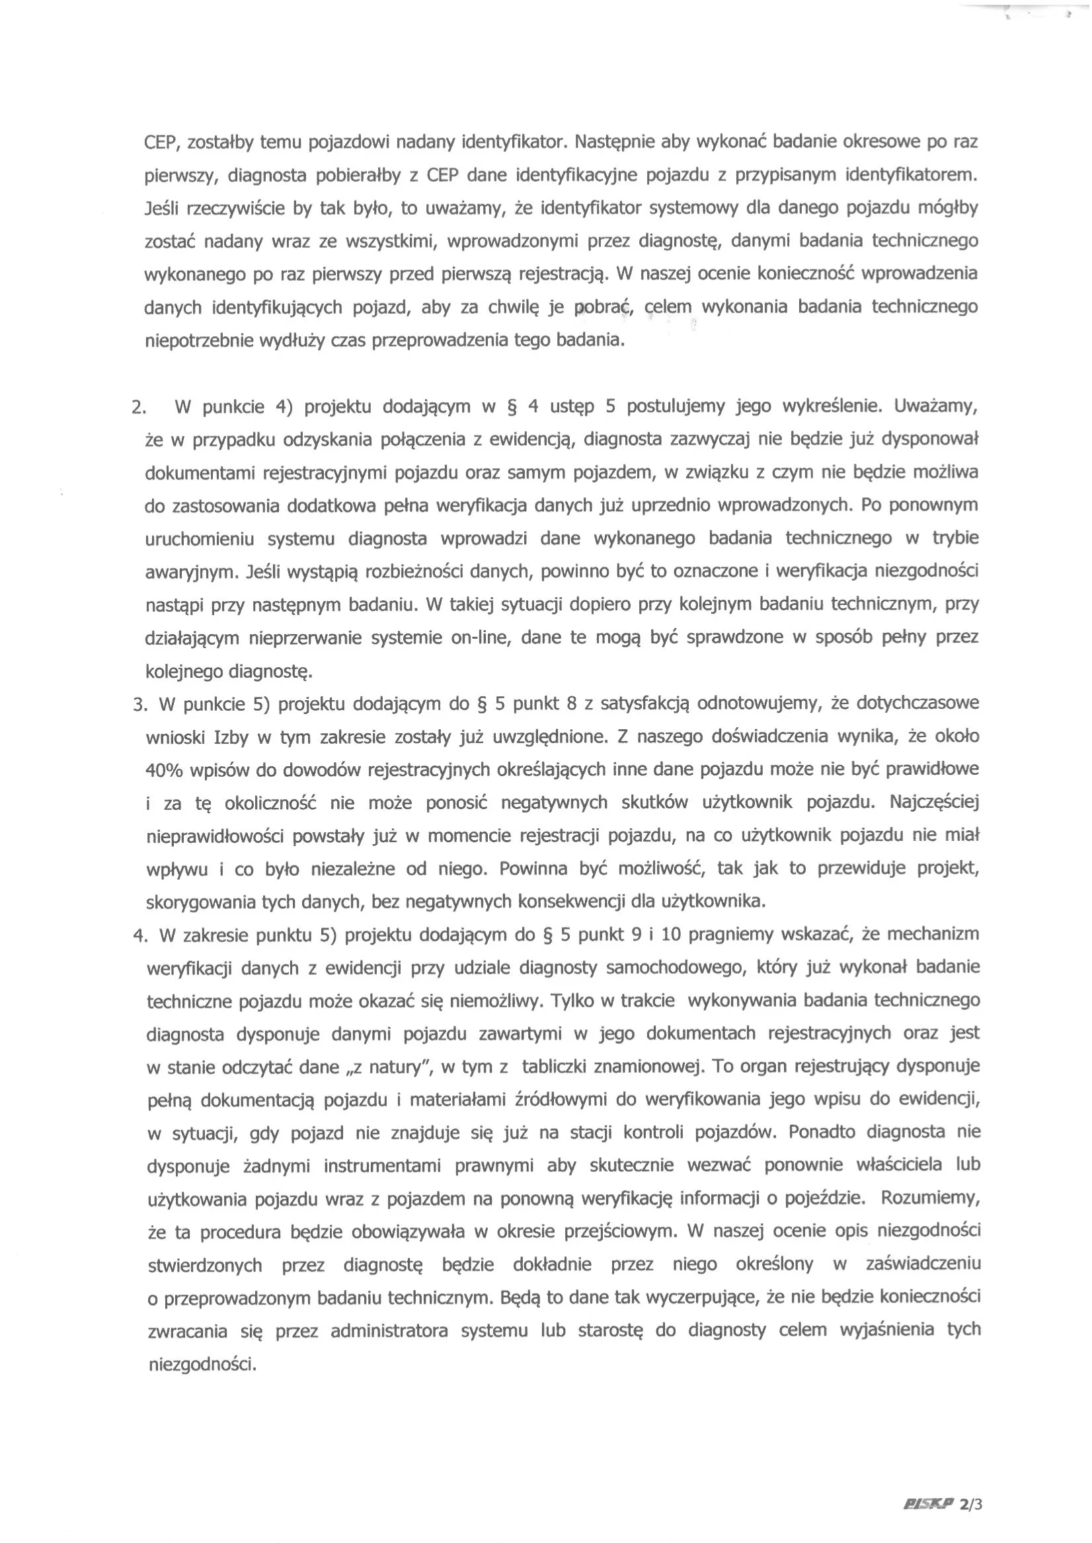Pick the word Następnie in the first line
pos(614,142)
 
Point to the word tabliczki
pos(559,1067)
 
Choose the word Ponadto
pos(822,1132)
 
